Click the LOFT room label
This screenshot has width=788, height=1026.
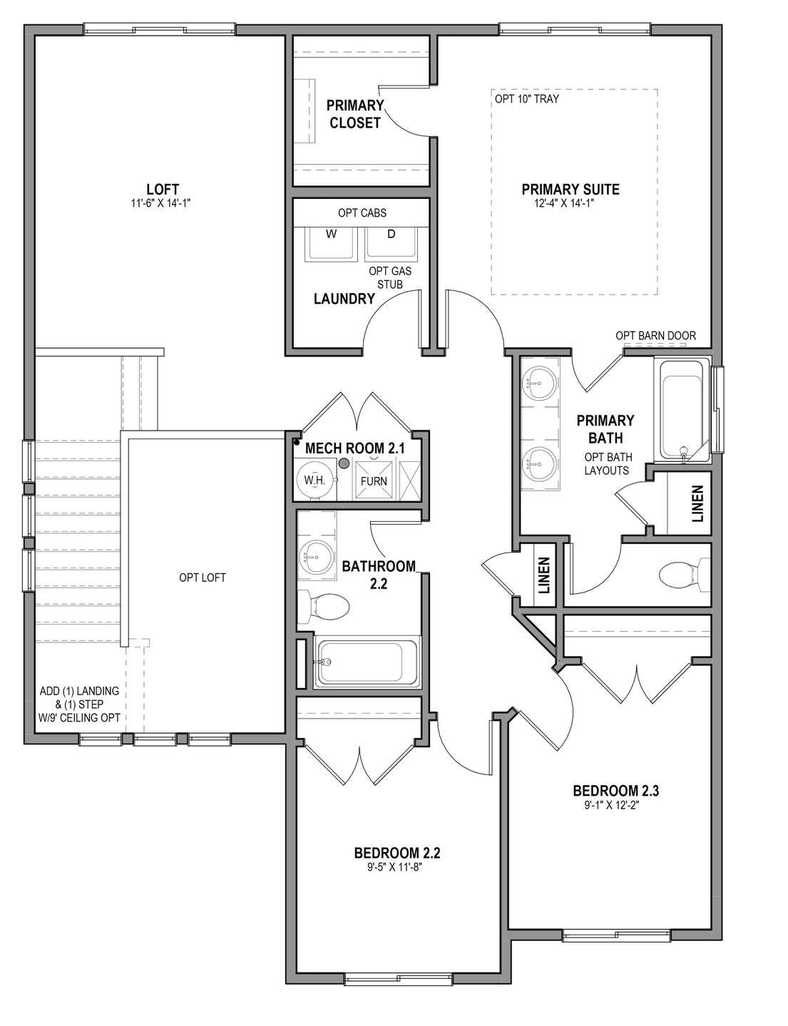(163, 190)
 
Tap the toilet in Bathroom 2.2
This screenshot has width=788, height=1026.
(324, 606)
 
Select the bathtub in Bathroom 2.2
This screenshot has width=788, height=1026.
(367, 662)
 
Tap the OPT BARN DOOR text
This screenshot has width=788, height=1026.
(655, 336)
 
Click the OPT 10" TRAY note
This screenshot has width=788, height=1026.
(527, 99)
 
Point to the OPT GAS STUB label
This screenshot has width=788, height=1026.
(390, 277)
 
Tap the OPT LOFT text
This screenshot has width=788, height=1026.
(202, 578)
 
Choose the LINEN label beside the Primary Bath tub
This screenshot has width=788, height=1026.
(697, 504)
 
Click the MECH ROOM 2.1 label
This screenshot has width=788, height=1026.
(354, 448)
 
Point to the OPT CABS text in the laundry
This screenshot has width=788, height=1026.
(362, 213)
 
